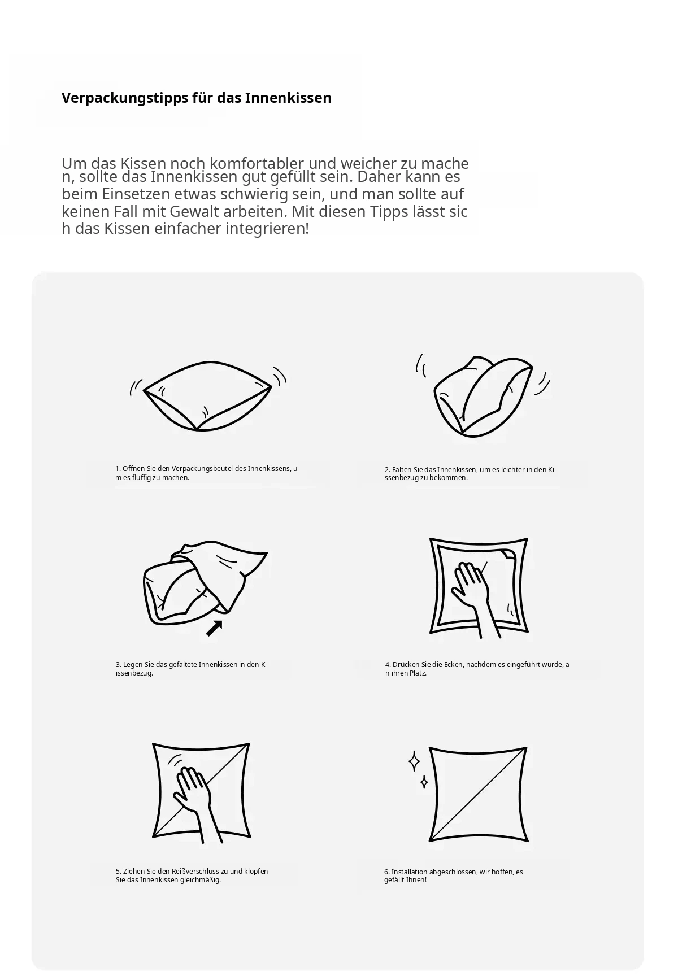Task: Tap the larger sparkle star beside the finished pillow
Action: [x=414, y=761]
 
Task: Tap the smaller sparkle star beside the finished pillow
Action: [x=424, y=782]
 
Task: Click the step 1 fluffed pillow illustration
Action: [x=208, y=396]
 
